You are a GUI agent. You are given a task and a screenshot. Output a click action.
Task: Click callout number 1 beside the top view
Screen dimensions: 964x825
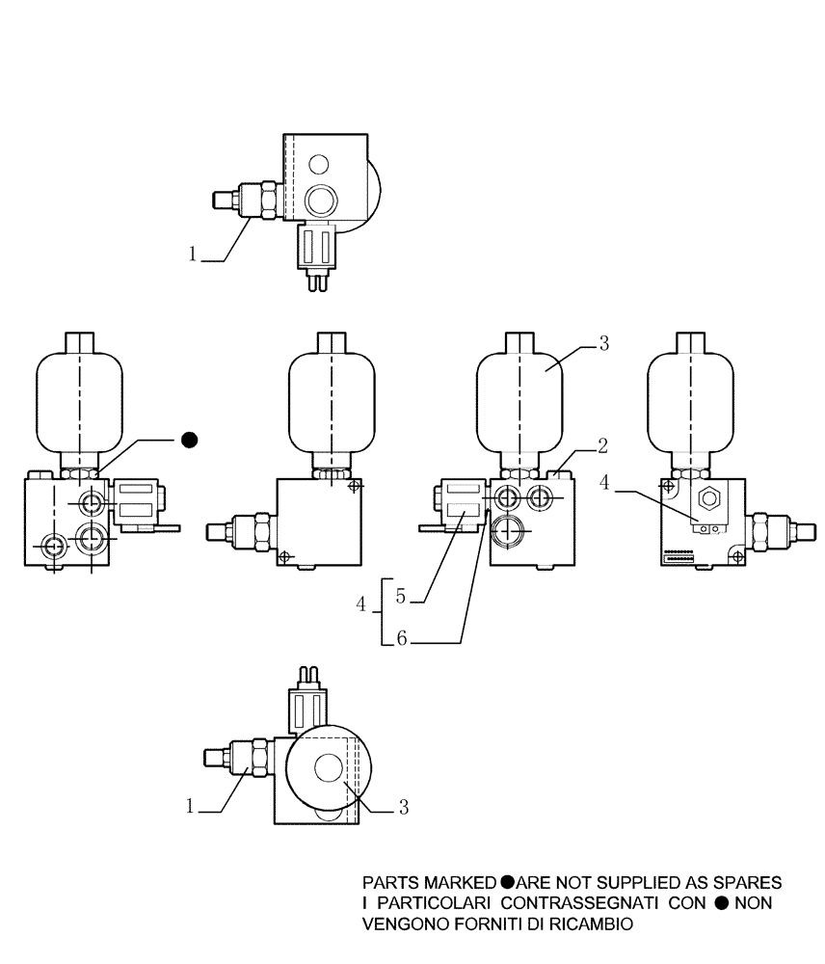click(x=193, y=254)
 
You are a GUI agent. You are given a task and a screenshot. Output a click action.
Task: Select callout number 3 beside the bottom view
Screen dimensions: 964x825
click(x=404, y=808)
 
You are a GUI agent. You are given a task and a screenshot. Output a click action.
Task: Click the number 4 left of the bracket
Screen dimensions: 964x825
click(x=361, y=604)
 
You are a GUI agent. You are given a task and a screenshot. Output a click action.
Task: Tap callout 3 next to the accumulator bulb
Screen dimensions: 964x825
click(x=602, y=343)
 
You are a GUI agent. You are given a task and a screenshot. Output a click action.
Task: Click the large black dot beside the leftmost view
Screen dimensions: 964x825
click(x=190, y=440)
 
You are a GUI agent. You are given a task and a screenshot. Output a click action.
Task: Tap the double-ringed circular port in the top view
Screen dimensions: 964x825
click(x=319, y=200)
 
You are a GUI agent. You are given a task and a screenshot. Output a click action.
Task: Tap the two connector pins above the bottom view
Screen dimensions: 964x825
click(x=310, y=674)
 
